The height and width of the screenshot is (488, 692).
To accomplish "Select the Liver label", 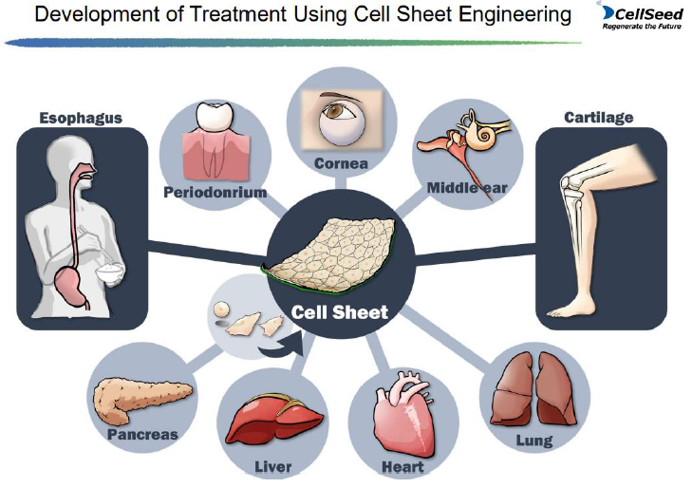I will (274, 467).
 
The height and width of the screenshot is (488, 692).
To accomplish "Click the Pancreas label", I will (142, 434).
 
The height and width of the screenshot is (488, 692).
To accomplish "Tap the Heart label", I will (402, 467).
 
